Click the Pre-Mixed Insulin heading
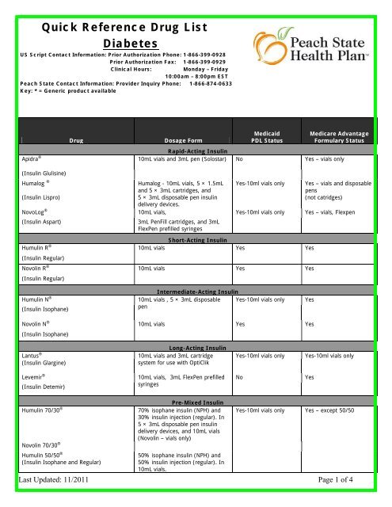click(195, 402)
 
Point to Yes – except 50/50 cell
click(336, 411)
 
